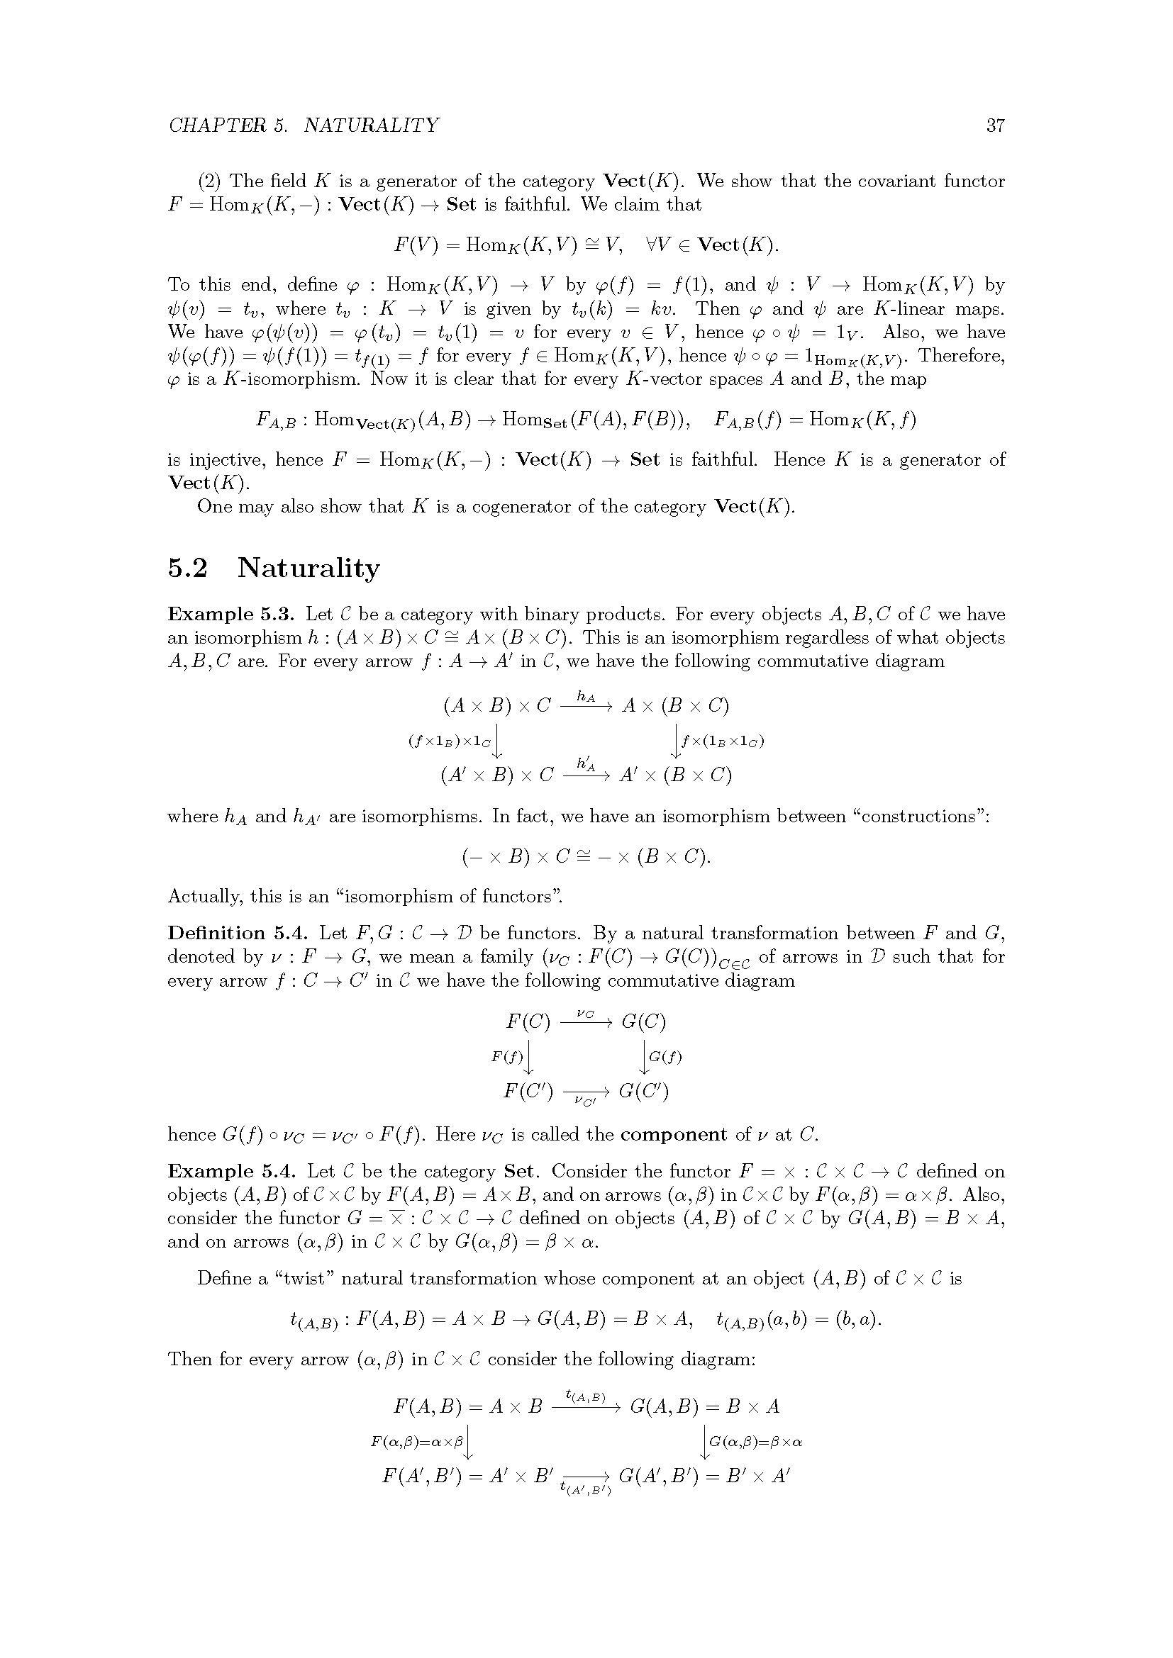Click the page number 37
click(x=994, y=125)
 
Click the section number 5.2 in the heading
click(x=188, y=568)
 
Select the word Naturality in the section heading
click(x=308, y=568)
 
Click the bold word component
click(x=673, y=1134)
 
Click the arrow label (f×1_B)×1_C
click(x=449, y=741)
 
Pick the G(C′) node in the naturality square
click(x=643, y=1090)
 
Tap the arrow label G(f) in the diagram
click(x=665, y=1057)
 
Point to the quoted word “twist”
click(x=303, y=1279)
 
